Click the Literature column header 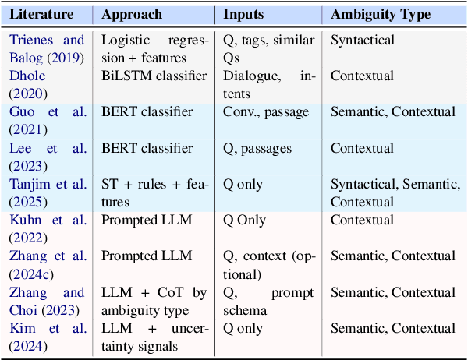tap(41, 15)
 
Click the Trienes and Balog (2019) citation tap(47, 48)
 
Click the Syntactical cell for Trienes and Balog tap(363, 39)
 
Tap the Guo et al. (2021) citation tap(47, 120)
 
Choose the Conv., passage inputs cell tap(266, 112)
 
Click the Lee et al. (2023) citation tap(47, 156)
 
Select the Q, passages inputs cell tap(259, 148)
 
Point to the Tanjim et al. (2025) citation tap(47, 192)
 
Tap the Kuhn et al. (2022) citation tap(47, 228)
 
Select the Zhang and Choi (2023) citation tap(47, 301)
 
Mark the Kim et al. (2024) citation tap(47, 337)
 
